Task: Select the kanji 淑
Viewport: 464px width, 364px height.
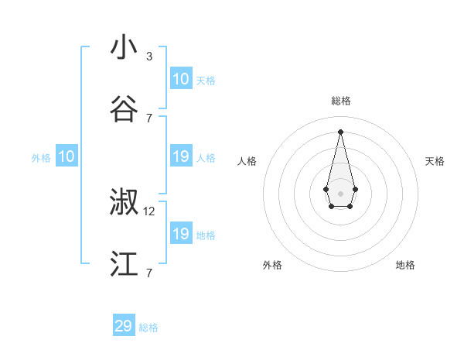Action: tap(125, 203)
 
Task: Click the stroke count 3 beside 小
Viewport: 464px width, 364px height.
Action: tap(149, 56)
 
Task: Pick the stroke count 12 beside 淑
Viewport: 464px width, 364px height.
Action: tap(149, 211)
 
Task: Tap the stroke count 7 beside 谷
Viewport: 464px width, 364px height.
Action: tap(149, 118)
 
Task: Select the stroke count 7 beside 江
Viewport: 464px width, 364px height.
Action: tap(149, 273)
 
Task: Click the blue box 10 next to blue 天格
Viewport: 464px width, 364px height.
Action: tap(181, 79)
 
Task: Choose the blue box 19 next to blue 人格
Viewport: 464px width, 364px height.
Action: tap(181, 156)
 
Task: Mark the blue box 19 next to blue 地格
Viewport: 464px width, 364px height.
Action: tap(181, 234)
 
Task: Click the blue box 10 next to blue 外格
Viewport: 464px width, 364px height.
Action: tap(67, 156)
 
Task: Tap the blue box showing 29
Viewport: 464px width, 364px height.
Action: tap(124, 326)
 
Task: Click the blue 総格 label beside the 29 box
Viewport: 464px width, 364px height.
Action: tap(148, 328)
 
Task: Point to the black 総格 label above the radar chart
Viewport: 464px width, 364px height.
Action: tap(340, 101)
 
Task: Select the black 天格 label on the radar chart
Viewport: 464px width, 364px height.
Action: tap(435, 161)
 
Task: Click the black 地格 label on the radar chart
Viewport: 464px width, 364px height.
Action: tap(405, 265)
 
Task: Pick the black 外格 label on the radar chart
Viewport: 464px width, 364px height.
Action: tap(272, 265)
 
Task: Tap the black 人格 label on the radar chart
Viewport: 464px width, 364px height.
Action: tap(247, 161)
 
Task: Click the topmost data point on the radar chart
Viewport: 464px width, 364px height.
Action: tap(340, 132)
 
